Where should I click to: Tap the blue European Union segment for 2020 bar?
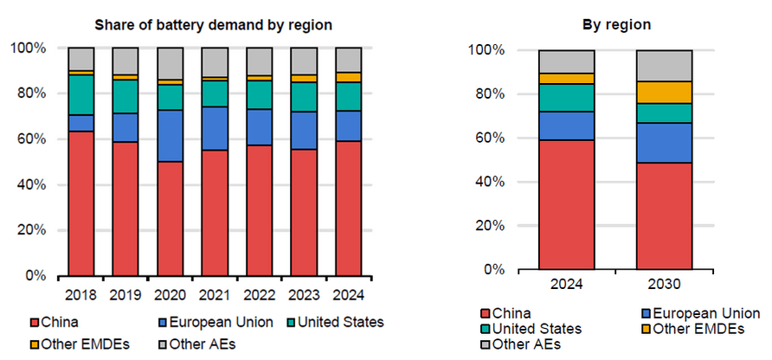[x=170, y=135]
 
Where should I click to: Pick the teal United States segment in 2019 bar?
[x=125, y=96]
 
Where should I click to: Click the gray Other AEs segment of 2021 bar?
[x=215, y=61]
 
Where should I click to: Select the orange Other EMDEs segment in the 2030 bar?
[x=665, y=92]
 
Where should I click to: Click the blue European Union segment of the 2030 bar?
[x=665, y=143]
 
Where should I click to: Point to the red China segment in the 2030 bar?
[x=665, y=216]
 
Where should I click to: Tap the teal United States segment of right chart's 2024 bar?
[x=566, y=98]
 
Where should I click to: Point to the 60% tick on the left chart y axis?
[x=33, y=138]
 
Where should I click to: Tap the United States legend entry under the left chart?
[x=339, y=323]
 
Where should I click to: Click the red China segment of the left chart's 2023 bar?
[x=304, y=212]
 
